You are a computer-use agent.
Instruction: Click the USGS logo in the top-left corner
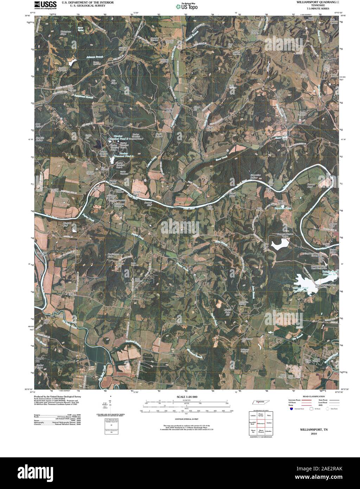(46, 5)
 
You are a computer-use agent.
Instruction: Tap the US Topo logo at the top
(187, 6)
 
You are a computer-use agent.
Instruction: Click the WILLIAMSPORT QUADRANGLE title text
(318, 2)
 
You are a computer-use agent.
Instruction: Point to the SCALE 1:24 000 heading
(185, 396)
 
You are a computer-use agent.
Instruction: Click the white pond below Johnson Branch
(72, 63)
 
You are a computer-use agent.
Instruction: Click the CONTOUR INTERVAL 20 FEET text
(185, 419)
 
